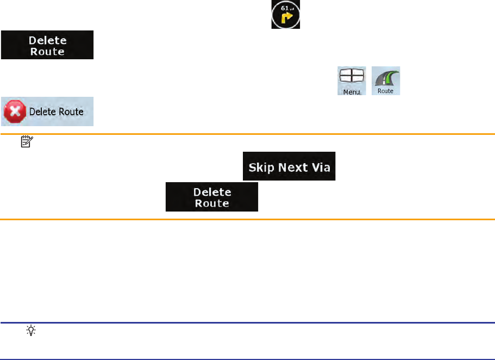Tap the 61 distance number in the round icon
pos(285,8)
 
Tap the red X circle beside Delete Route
pos(14,111)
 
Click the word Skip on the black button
pos(261,167)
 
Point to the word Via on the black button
pos(320,167)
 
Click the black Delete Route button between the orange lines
pos(212,197)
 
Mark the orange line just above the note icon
pos(247,134)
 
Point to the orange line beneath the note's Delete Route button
pos(247,219)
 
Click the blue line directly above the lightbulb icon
pos(247,322)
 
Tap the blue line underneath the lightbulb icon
pos(247,358)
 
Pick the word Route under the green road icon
pos(386,91)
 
